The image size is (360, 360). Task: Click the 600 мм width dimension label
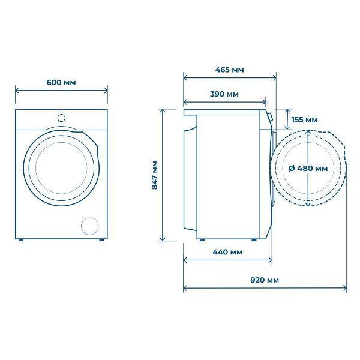(x=61, y=82)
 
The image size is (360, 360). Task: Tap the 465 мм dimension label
(x=229, y=70)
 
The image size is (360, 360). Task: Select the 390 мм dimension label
(x=224, y=94)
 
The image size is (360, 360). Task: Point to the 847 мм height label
(x=155, y=175)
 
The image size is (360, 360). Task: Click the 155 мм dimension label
(x=304, y=120)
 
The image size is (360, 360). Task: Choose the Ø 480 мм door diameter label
(x=308, y=169)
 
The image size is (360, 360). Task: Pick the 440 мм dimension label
(x=227, y=252)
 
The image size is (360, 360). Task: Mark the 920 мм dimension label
(x=265, y=280)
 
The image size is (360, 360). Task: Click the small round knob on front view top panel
(x=61, y=118)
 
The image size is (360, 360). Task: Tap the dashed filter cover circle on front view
(x=90, y=226)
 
